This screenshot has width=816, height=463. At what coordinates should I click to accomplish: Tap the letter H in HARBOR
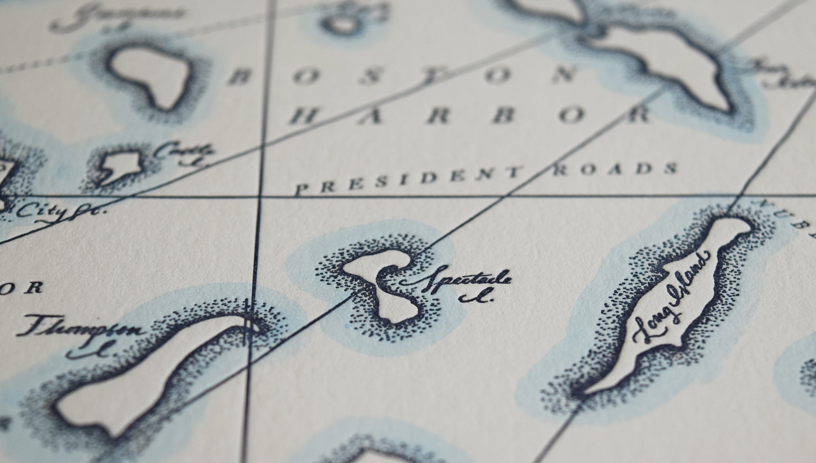[x=305, y=116]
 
